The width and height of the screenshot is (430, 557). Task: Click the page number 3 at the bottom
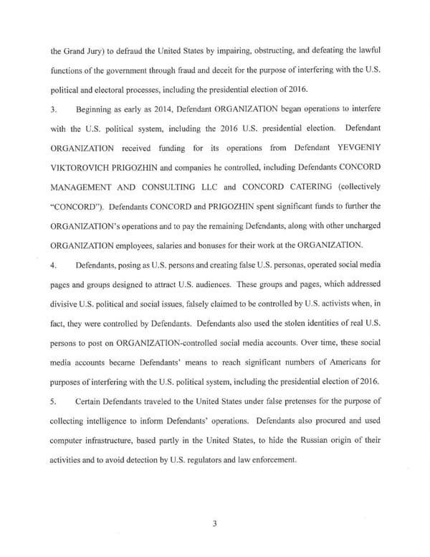[x=214, y=523]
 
